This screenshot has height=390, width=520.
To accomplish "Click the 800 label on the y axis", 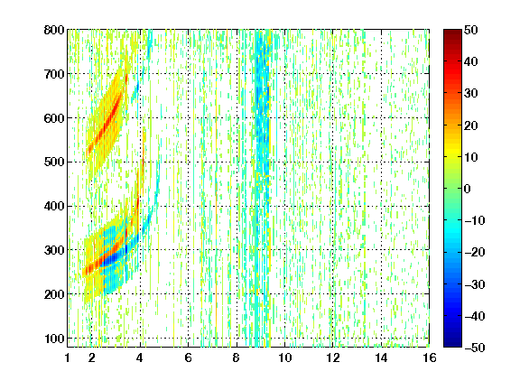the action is click(54, 30).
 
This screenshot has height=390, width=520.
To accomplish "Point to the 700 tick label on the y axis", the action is click(54, 74).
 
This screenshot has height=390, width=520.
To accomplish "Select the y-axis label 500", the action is click(54, 162).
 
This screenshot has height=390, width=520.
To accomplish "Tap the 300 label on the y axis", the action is click(54, 250).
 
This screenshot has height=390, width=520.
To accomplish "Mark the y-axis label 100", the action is click(54, 339).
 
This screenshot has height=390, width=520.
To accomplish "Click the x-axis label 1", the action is click(68, 357).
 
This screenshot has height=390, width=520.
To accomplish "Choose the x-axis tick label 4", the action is click(140, 357).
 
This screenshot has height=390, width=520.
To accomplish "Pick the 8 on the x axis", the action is click(237, 357).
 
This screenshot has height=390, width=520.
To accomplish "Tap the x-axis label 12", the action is click(332, 357).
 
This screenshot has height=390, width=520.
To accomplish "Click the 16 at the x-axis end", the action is click(429, 357).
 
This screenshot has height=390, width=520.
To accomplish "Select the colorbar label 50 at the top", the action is click(471, 30).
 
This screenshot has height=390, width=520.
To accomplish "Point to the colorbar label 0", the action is click(468, 189).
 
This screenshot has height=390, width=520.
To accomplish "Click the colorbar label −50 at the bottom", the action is click(475, 348).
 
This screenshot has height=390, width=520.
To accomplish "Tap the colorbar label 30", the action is click(471, 94).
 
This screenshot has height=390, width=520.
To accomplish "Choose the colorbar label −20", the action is click(475, 252).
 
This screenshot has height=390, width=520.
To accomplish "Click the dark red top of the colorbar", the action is click(452, 33).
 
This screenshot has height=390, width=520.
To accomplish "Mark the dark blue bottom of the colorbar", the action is click(452, 343).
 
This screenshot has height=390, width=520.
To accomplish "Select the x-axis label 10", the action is click(284, 357).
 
